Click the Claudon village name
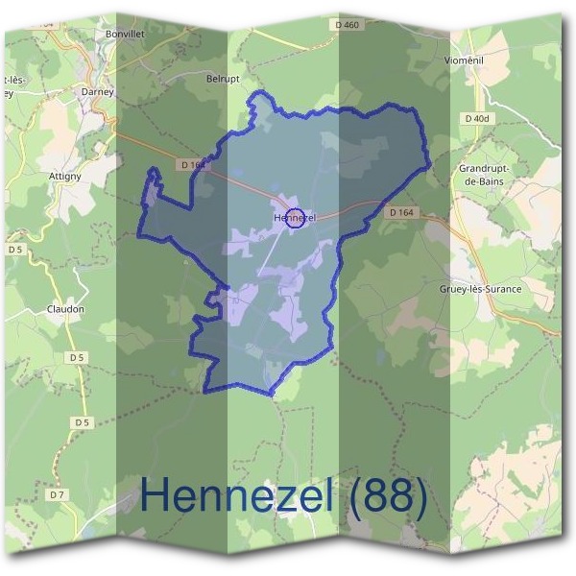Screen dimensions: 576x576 [x=65, y=309]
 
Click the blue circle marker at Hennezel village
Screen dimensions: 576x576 [x=297, y=217]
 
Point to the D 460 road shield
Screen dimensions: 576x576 [x=348, y=25]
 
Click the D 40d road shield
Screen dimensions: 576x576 [x=475, y=118]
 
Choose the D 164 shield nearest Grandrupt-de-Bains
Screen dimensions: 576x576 [x=402, y=212]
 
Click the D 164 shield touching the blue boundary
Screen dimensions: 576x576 [x=192, y=165]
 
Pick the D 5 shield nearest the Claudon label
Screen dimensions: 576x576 [x=78, y=357]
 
